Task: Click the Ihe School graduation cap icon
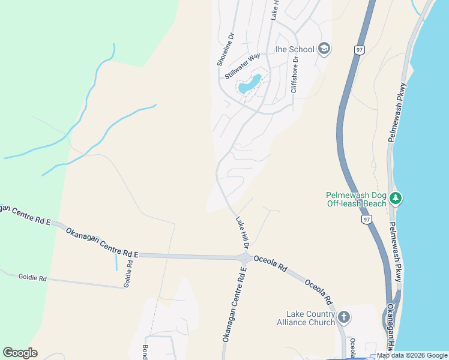pos(324,49)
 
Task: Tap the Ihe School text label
pos(295,49)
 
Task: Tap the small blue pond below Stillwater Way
pos(250,85)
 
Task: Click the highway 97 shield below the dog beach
pos(366,220)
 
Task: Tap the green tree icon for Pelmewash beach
pos(395,197)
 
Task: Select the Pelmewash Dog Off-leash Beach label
pos(356,199)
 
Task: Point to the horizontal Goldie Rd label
pos(32,277)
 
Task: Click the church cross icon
pos(344,316)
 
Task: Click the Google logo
pos(20,352)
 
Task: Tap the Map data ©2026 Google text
pos(412,356)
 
